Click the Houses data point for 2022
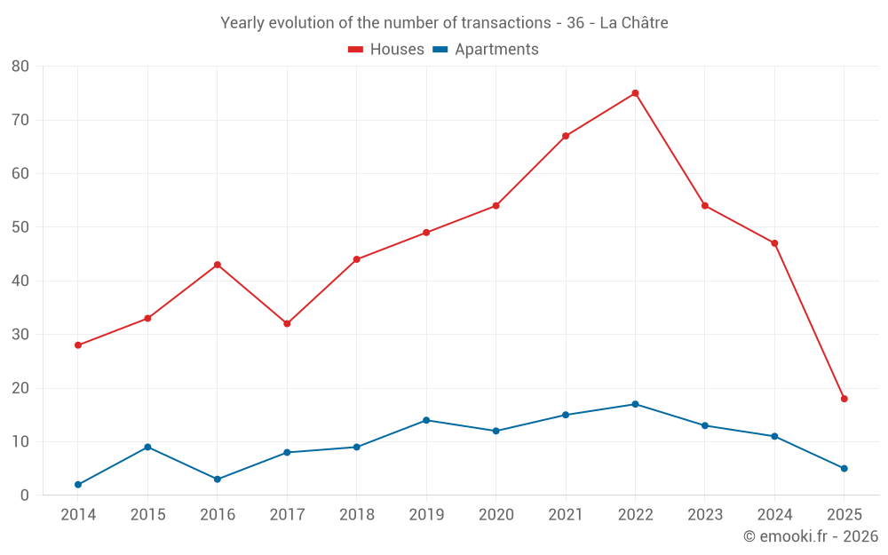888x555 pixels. [635, 93]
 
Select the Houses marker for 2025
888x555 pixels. [844, 399]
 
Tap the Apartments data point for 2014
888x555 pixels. [78, 485]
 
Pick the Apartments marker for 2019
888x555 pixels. [426, 420]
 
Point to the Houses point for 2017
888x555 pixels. [287, 323]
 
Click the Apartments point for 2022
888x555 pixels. [635, 404]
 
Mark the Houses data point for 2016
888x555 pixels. [218, 265]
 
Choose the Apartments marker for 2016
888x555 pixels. [218, 480]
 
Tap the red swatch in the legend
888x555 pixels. [356, 50]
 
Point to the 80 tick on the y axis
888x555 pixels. [20, 67]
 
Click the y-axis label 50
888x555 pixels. [20, 227]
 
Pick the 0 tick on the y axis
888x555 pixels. [25, 496]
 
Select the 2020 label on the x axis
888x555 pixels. [496, 515]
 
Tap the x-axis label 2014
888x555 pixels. [78, 515]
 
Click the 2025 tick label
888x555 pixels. [844, 515]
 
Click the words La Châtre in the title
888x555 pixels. [634, 23]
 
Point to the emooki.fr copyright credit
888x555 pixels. [811, 536]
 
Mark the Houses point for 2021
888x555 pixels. [566, 136]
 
